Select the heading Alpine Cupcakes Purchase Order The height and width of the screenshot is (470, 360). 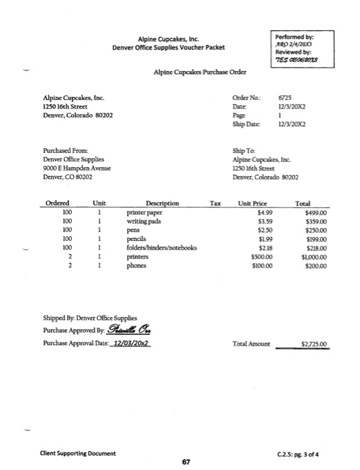coord(199,71)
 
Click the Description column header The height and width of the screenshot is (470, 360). coord(162,203)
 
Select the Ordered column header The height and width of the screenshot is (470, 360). coord(56,203)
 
